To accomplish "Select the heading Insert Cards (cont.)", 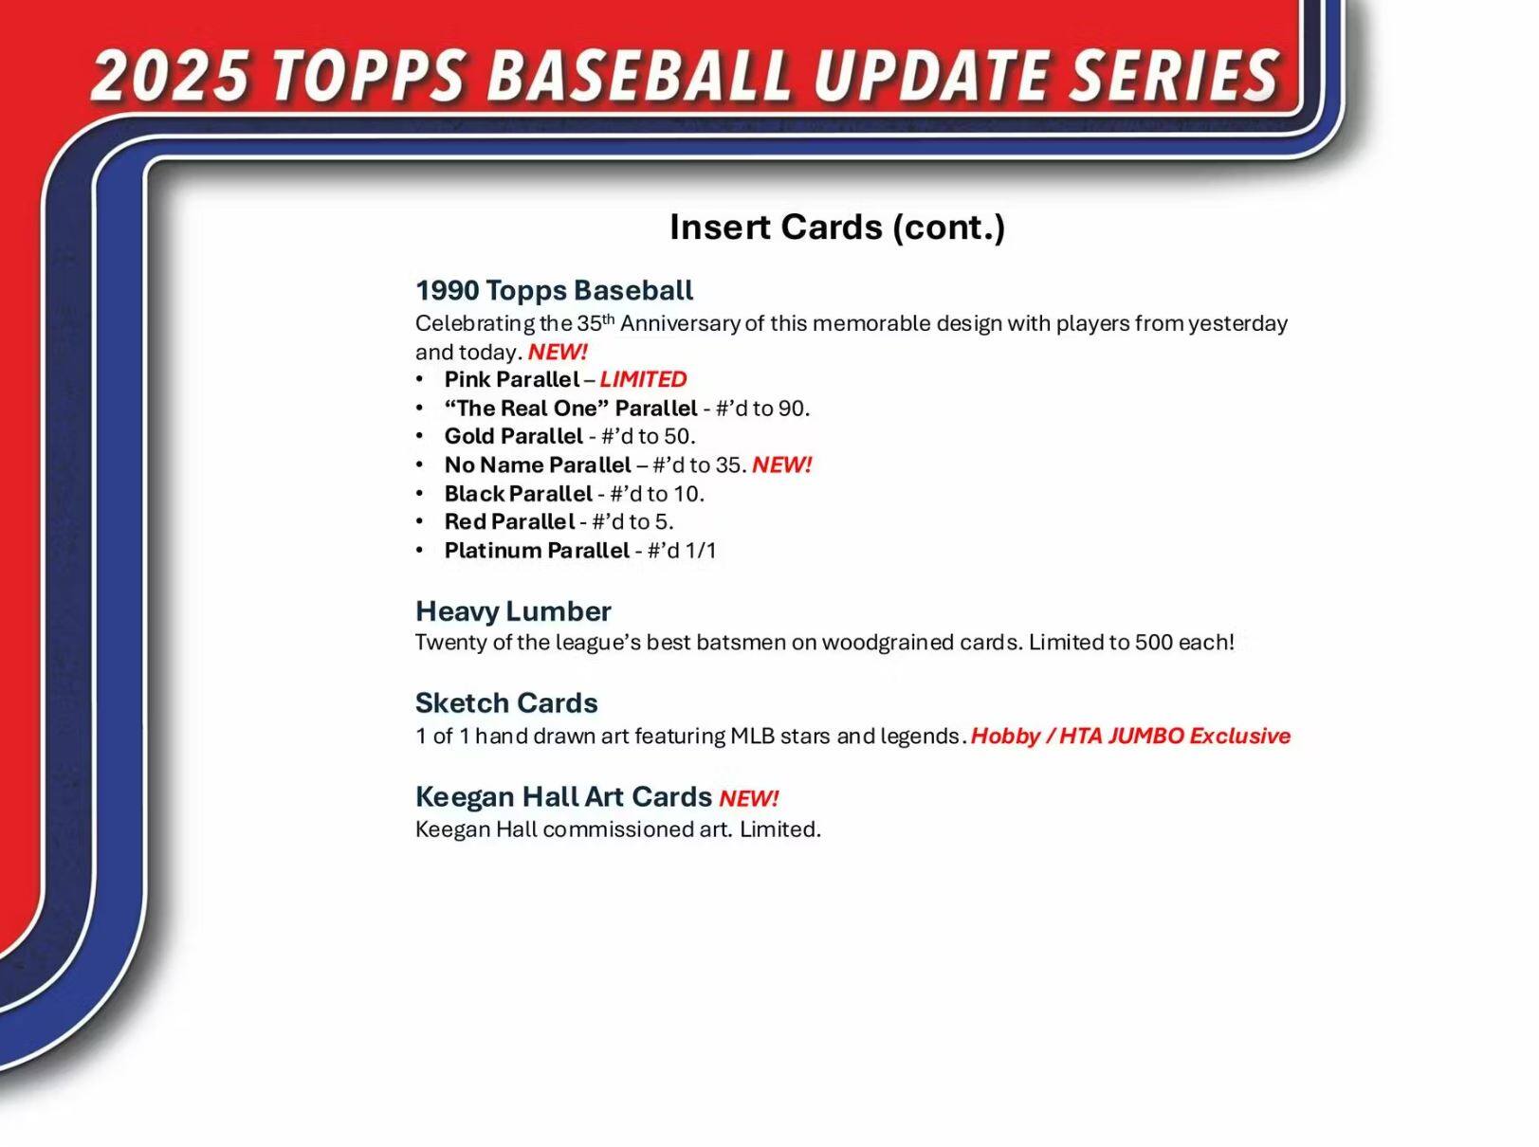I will (836, 228).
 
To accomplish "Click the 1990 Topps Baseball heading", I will (554, 290).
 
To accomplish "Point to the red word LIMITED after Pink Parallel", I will (643, 379).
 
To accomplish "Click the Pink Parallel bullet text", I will (511, 379).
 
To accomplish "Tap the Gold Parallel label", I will (513, 436).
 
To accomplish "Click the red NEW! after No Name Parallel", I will (781, 465).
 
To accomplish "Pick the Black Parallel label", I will (518, 494).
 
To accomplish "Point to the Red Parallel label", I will (509, 521).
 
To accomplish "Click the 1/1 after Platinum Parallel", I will (700, 551).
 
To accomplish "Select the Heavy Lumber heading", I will (513, 611).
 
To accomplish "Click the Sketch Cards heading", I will (506, 703).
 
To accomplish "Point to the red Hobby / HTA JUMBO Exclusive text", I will (1130, 737).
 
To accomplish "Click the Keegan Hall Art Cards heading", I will (563, 797).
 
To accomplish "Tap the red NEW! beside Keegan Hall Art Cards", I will (748, 799).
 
